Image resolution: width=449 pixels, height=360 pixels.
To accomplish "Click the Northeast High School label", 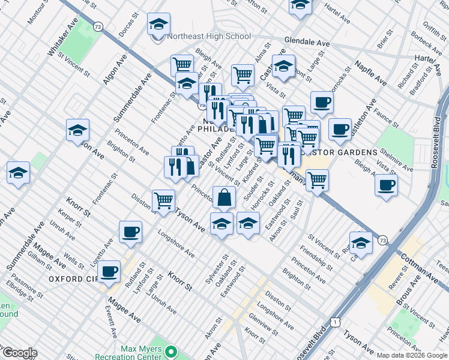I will click(209, 36).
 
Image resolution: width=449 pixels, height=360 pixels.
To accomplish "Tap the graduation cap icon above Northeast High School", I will click(158, 25).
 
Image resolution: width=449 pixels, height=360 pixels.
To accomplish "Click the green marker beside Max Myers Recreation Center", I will click(171, 352).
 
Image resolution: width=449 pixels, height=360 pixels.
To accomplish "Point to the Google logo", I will click(19, 353).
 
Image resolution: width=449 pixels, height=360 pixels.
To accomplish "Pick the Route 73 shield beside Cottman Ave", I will click(382, 240).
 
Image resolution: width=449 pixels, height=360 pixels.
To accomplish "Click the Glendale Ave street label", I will click(308, 44).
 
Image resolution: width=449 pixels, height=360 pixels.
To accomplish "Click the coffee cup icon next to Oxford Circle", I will click(109, 271).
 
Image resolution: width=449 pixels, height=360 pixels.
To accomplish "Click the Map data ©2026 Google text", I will click(412, 355).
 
